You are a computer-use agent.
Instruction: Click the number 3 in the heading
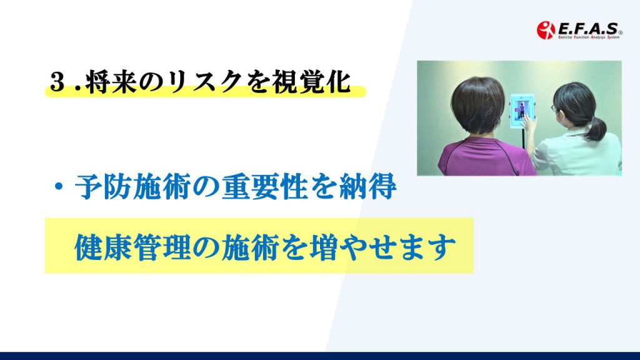(x=57, y=82)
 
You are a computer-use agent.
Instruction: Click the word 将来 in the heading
(x=111, y=82)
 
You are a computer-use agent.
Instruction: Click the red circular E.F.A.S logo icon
(x=546, y=30)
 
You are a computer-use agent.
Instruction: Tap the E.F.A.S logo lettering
(x=588, y=28)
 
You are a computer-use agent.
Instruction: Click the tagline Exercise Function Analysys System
(x=589, y=37)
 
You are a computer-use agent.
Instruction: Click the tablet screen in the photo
(x=522, y=110)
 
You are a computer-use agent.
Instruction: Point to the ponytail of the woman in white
(x=596, y=127)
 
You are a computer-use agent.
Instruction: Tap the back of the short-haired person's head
(x=478, y=106)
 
